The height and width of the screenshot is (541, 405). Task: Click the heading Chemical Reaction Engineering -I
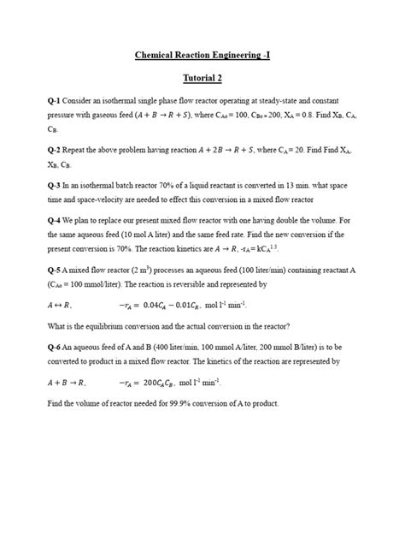[202, 56]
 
